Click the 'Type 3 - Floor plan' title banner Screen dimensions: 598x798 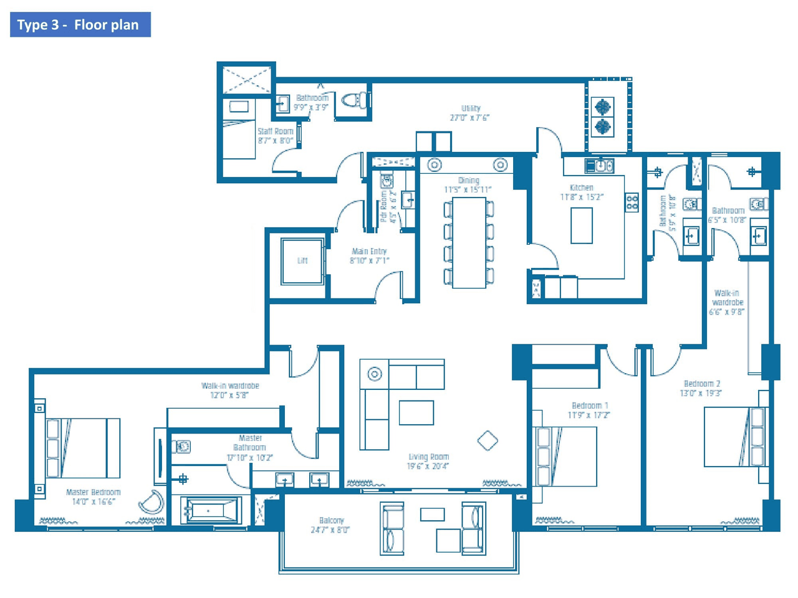[x=80, y=25]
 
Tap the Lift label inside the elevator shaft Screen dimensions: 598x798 [x=302, y=260]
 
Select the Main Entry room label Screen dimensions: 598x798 [x=369, y=252]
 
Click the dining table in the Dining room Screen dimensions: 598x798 [x=469, y=242]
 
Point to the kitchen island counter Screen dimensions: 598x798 [x=582, y=225]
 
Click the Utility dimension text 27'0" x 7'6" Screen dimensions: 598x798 [x=470, y=118]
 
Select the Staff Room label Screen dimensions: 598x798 [x=275, y=131]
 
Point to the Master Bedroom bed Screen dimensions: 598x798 [x=83, y=448]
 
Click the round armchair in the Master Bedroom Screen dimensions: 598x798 [x=151, y=502]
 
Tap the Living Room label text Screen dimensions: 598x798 [x=428, y=457]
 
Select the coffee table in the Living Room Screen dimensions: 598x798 [x=416, y=412]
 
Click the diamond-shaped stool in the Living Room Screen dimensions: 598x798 [x=488, y=440]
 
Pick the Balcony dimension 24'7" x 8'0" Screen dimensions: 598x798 [x=330, y=530]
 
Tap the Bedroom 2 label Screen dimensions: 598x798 [x=701, y=384]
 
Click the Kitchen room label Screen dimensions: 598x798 [x=581, y=187]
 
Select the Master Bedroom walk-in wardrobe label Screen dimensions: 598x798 [x=230, y=386]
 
